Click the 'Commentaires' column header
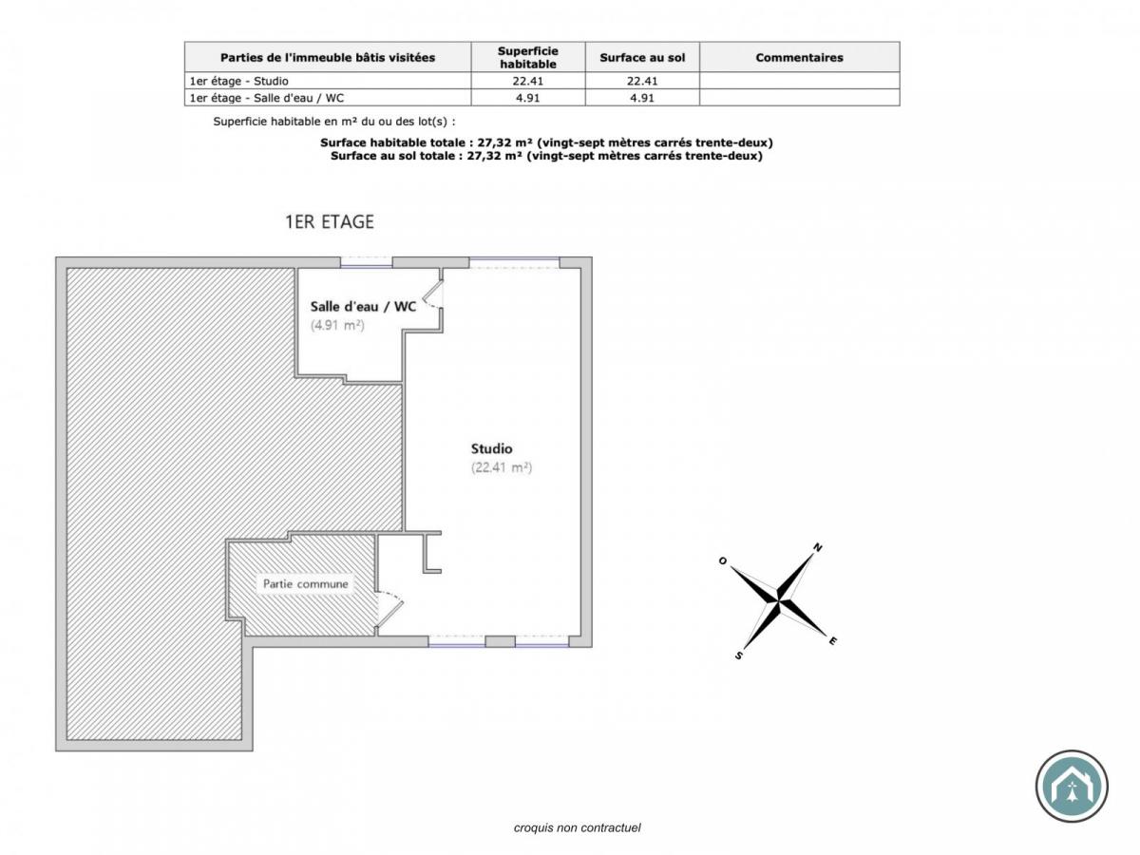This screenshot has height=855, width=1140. [799, 57]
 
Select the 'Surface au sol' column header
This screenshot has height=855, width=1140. [642, 57]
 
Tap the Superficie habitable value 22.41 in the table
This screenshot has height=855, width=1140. [528, 81]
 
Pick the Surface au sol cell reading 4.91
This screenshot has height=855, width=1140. [642, 97]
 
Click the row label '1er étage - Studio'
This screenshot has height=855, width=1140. [238, 81]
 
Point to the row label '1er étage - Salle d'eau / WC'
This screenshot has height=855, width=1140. [267, 97]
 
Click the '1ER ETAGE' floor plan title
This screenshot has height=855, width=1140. [330, 222]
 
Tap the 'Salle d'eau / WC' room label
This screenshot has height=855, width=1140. [363, 306]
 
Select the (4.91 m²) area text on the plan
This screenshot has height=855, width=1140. [338, 325]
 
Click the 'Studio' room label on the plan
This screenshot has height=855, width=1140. [492, 448]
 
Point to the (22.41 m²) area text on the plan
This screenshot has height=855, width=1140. [502, 467]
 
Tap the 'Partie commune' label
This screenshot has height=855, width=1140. [305, 584]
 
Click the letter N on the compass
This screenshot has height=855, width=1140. [817, 547]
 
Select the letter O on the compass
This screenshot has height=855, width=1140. [723, 560]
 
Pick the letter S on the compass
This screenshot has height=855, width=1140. [738, 655]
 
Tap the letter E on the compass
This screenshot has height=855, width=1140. [833, 641]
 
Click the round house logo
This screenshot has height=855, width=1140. [1072, 786]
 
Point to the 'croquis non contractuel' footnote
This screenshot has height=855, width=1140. [578, 827]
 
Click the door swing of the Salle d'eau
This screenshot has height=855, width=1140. [430, 294]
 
